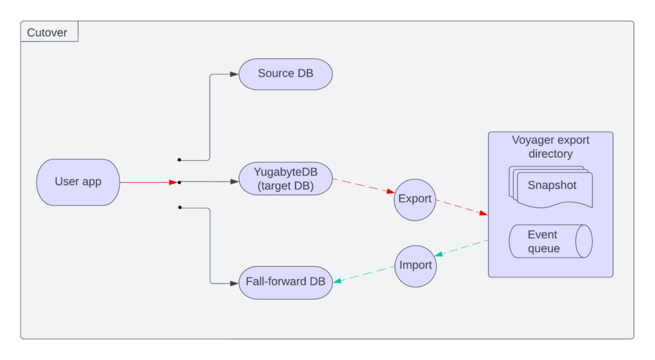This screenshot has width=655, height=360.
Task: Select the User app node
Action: pyautogui.click(x=78, y=182)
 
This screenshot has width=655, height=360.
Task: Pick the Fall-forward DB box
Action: pyautogui.click(x=285, y=282)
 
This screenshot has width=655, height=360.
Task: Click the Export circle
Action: pyautogui.click(x=415, y=199)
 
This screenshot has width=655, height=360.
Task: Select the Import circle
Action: pyautogui.click(x=415, y=266)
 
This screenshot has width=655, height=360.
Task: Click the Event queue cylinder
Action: pyautogui.click(x=550, y=241)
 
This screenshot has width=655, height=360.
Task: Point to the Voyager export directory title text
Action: pyautogui.click(x=550, y=147)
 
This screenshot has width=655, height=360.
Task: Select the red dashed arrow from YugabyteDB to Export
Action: pyautogui.click(x=363, y=185)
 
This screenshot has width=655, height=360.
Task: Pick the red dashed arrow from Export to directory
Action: pyautogui.click(x=461, y=207)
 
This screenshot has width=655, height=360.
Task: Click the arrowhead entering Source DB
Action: pyautogui.click(x=235, y=74)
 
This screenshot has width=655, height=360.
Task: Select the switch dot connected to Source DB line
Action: pyautogui.click(x=179, y=160)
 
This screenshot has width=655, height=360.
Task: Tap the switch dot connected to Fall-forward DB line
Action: pyautogui.click(x=179, y=207)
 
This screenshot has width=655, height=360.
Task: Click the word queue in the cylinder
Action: pyautogui.click(x=544, y=249)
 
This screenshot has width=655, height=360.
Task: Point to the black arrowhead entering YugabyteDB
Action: pyautogui.click(x=235, y=182)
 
